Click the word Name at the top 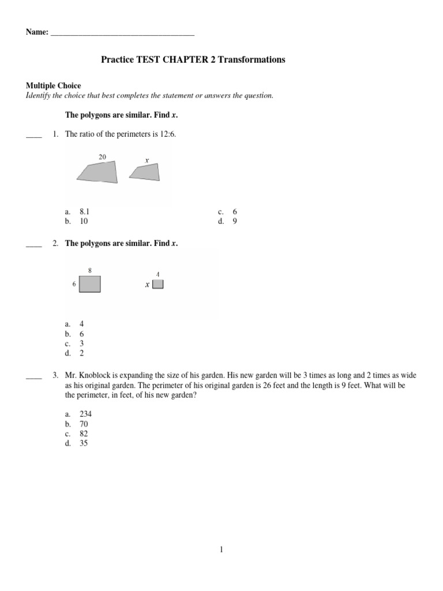[36, 32]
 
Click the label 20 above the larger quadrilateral [102, 156]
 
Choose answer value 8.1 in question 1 [85, 212]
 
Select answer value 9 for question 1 [235, 220]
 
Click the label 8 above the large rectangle [90, 270]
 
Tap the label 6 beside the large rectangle [74, 285]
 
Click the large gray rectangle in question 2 [90, 285]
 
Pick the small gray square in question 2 [158, 284]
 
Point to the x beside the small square [147, 285]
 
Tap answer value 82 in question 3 [84, 433]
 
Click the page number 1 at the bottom [221, 550]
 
